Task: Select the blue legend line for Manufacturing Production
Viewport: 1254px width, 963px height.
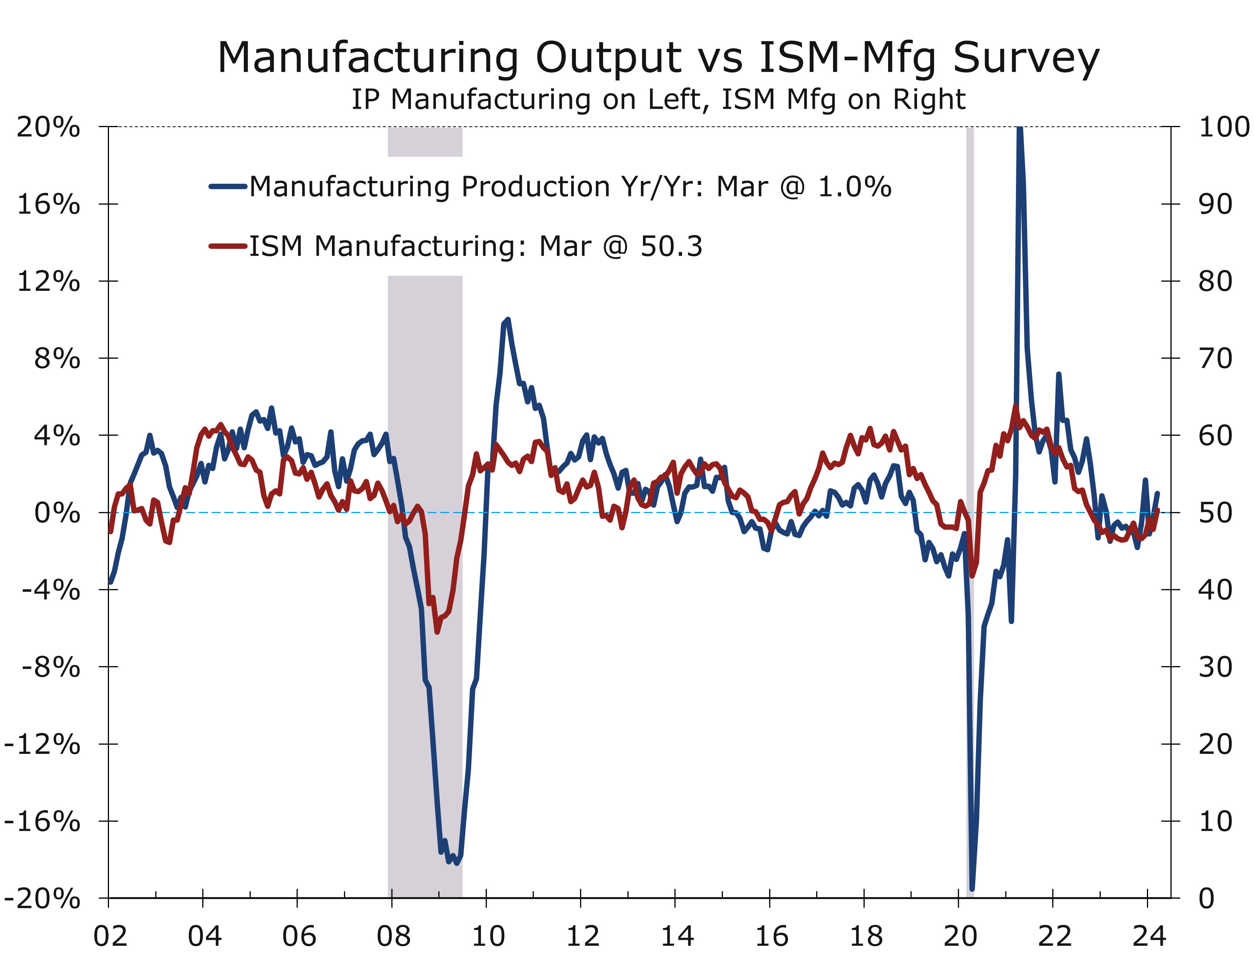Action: (228, 186)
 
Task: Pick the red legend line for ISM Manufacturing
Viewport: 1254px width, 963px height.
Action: (228, 247)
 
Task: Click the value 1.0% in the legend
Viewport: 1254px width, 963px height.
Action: (854, 187)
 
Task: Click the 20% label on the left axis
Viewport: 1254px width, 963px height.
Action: (48, 127)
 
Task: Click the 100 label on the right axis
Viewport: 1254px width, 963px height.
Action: (1224, 127)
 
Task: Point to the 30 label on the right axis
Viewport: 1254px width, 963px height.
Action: (1215, 667)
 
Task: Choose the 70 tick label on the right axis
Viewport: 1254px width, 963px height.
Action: (1215, 359)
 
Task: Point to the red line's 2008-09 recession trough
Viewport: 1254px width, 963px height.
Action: (437, 631)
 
